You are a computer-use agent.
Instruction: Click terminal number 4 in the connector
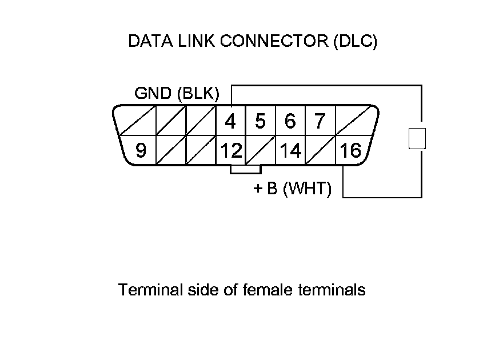point(230,121)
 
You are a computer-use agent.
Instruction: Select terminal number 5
point(260,121)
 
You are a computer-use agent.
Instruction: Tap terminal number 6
point(290,121)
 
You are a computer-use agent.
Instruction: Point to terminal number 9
point(141,151)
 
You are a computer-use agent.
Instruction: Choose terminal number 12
point(230,151)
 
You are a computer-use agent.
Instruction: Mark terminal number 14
point(290,151)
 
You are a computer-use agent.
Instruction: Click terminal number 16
point(350,151)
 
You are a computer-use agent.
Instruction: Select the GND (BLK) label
point(177,94)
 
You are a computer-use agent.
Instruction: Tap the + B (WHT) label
point(292,189)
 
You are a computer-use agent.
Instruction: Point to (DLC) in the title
point(354,42)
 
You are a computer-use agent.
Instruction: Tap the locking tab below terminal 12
point(245,169)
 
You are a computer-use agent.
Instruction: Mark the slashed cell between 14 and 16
point(320,151)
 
